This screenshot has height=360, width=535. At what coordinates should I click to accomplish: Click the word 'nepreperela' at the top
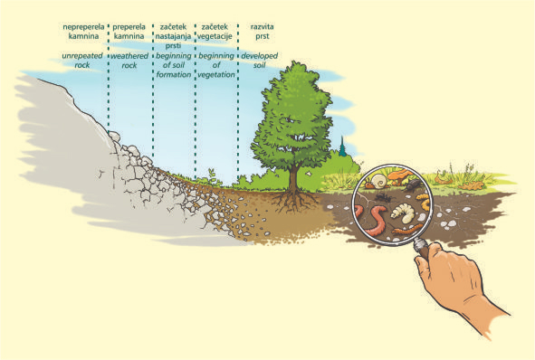pos(83,27)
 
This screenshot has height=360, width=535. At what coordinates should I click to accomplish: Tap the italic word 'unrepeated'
pos(82,56)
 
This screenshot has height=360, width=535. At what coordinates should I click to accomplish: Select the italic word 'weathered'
pos(129,56)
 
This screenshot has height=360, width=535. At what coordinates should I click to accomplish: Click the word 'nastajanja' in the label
pos(173,36)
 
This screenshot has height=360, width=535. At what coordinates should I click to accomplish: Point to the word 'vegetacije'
pos(215,36)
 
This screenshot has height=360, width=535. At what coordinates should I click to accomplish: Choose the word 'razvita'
pos(262,26)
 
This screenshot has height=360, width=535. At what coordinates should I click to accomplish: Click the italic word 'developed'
pos(260,55)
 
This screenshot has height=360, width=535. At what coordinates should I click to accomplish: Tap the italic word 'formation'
pos(174,74)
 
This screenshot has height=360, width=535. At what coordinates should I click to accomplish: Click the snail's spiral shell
pos(378,181)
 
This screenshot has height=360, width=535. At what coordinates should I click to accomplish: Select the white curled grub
pos(403,212)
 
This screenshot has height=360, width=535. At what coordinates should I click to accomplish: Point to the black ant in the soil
pos(382,196)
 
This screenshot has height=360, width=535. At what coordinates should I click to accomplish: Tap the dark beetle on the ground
pos(414,185)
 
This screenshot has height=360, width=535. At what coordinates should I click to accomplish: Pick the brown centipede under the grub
pos(406,230)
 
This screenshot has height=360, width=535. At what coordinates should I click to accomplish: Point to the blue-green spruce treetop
pos(342,147)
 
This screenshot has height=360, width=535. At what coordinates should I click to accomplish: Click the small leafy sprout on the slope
pos(212,176)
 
